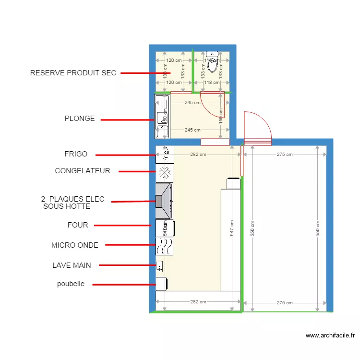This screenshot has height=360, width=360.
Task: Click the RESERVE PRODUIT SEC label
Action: click(73, 73)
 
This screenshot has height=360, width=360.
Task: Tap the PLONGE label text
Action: click(80, 119)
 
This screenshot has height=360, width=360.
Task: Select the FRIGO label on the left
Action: click(76, 154)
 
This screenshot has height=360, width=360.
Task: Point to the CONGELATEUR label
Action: click(82, 171)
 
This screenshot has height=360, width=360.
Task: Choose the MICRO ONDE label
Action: click(74, 245)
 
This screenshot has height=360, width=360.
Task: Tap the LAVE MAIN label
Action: click(72, 265)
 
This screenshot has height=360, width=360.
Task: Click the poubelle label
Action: click(71, 284)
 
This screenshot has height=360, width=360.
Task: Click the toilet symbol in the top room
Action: click(212, 60)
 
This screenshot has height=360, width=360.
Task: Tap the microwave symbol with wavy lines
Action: click(164, 246)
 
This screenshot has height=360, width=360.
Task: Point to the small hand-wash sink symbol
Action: click(159, 265)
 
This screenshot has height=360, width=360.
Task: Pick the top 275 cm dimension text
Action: click(285, 155)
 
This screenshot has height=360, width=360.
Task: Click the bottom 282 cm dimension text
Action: click(198, 302)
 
